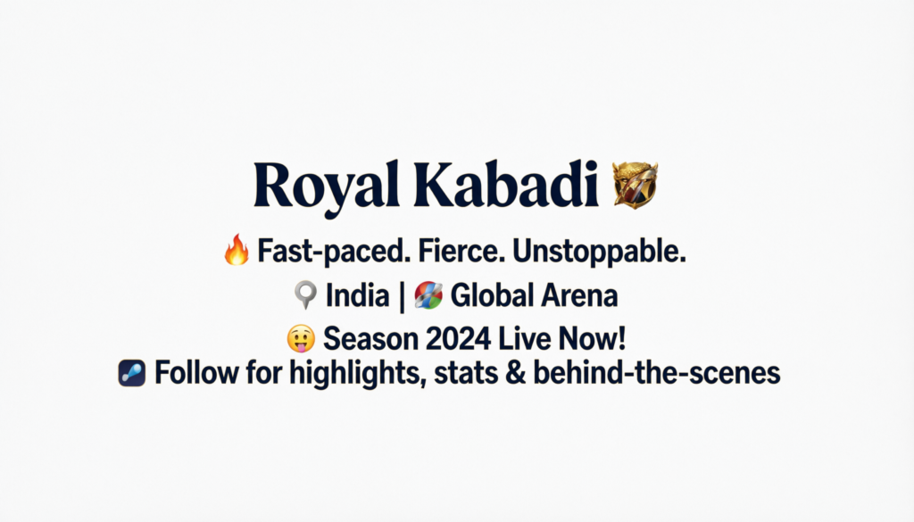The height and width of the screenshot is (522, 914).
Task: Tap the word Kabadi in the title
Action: (506, 184)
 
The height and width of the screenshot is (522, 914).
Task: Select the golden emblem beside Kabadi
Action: (635, 185)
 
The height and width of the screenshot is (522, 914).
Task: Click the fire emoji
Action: (237, 250)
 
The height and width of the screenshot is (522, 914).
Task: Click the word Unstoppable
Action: (599, 252)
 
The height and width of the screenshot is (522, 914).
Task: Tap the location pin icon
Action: (305, 294)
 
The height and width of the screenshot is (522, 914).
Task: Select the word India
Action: (357, 294)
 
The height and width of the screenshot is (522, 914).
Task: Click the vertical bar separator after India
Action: (402, 296)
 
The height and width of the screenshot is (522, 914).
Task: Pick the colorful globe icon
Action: (428, 294)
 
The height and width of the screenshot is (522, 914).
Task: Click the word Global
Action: (492, 294)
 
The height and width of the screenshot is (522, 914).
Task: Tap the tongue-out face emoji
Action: (301, 338)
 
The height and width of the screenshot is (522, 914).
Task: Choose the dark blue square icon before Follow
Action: (132, 373)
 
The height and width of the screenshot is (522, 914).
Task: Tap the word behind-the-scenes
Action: (657, 373)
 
